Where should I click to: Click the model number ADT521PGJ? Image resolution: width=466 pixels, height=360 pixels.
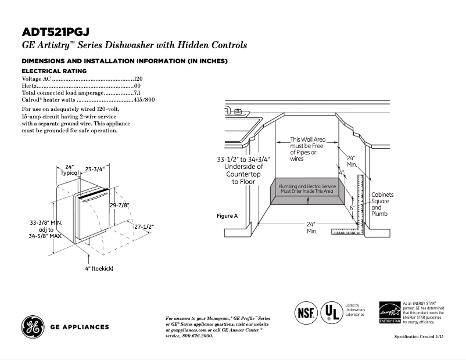56,32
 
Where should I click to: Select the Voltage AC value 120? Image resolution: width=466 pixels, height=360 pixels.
138,78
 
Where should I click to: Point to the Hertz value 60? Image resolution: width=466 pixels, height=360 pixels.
138,85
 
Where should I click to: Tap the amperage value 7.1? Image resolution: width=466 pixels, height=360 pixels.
138,92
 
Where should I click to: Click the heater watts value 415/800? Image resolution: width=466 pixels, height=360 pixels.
144,100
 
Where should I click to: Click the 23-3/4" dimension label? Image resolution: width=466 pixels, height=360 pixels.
95,170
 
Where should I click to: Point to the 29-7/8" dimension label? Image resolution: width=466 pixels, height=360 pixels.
119,205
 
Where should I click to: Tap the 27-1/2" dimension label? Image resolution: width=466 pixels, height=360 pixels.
144,226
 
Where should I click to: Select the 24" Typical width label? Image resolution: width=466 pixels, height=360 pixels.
70,170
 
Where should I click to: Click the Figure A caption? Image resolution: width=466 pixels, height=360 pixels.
227,215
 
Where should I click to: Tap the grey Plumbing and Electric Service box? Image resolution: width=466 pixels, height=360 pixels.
307,192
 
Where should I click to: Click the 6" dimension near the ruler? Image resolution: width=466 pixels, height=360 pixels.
352,207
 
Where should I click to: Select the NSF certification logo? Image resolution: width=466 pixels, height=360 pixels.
306,312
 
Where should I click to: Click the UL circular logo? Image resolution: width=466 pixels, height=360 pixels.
332,312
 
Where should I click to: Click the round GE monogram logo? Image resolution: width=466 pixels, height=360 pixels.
32,326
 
